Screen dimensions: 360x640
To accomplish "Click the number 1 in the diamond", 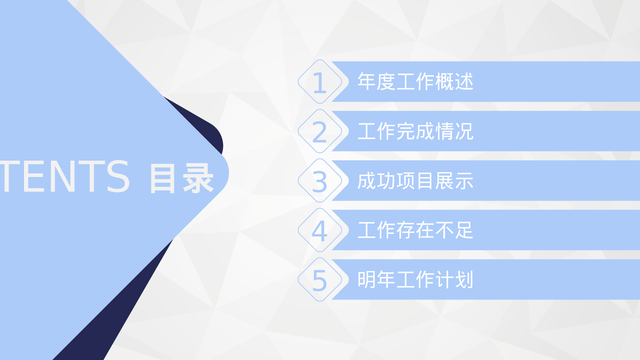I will (320, 82).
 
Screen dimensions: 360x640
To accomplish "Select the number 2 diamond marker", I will (320, 132).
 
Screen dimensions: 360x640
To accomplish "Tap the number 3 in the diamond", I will (320, 181).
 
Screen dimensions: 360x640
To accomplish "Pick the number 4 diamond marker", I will (320, 231).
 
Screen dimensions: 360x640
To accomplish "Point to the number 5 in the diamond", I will (320, 280).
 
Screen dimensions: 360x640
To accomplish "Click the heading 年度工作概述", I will (415, 82).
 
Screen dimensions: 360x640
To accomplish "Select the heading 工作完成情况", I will (415, 131).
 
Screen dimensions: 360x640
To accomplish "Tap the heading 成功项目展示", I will (415, 181).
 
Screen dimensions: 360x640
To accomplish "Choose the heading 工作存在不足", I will (415, 230).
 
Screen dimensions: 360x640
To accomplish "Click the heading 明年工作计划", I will (415, 280).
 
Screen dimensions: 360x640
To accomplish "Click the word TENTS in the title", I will (64, 177).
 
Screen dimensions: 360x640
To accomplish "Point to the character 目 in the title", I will (163, 178).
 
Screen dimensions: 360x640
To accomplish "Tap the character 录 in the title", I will (198, 178).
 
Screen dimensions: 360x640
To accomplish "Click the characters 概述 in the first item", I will (454, 82).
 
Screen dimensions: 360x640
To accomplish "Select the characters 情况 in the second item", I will (454, 131).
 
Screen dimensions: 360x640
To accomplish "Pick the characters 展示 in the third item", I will (454, 181).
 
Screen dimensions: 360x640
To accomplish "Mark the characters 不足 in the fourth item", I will (454, 230).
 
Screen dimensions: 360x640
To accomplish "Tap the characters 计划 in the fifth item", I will (454, 280).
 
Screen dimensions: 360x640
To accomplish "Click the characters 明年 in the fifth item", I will (376, 280).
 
